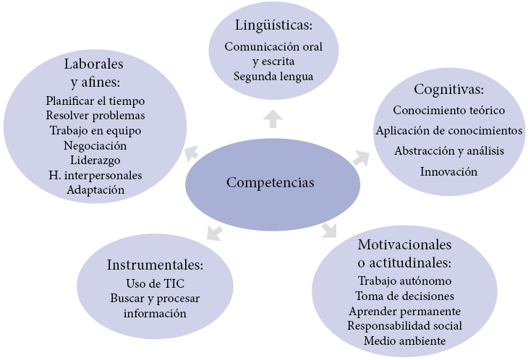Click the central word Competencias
(271, 182)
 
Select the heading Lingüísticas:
(273, 26)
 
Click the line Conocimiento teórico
(448, 111)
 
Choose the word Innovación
(448, 171)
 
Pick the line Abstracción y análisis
(448, 151)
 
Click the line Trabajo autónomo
(404, 280)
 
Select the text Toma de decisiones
(404, 296)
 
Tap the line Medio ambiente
(404, 340)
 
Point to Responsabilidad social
(404, 325)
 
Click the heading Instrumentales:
(155, 263)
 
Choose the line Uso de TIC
(155, 283)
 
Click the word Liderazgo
(95, 160)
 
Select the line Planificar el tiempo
(95, 100)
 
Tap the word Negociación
(95, 145)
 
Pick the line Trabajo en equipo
(95, 130)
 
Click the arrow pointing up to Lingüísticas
(273, 119)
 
